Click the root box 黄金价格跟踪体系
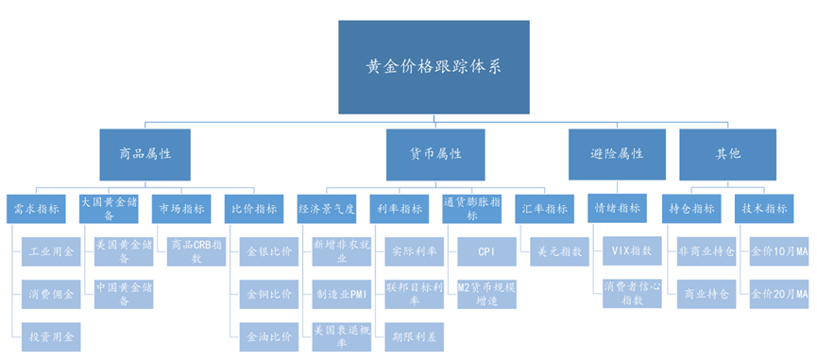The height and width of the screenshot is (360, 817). click(x=434, y=67)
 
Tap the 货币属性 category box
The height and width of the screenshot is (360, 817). click(x=435, y=154)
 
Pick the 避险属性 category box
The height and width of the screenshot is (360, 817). click(x=619, y=154)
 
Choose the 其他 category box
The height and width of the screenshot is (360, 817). click(x=727, y=154)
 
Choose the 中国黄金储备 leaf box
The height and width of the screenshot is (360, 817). click(x=120, y=294)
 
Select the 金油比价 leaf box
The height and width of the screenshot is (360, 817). click(x=268, y=335)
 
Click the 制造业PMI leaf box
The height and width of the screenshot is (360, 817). click(x=340, y=294)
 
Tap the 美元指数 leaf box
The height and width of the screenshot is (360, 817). click(x=559, y=252)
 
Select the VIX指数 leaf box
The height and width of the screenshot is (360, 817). click(x=632, y=252)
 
